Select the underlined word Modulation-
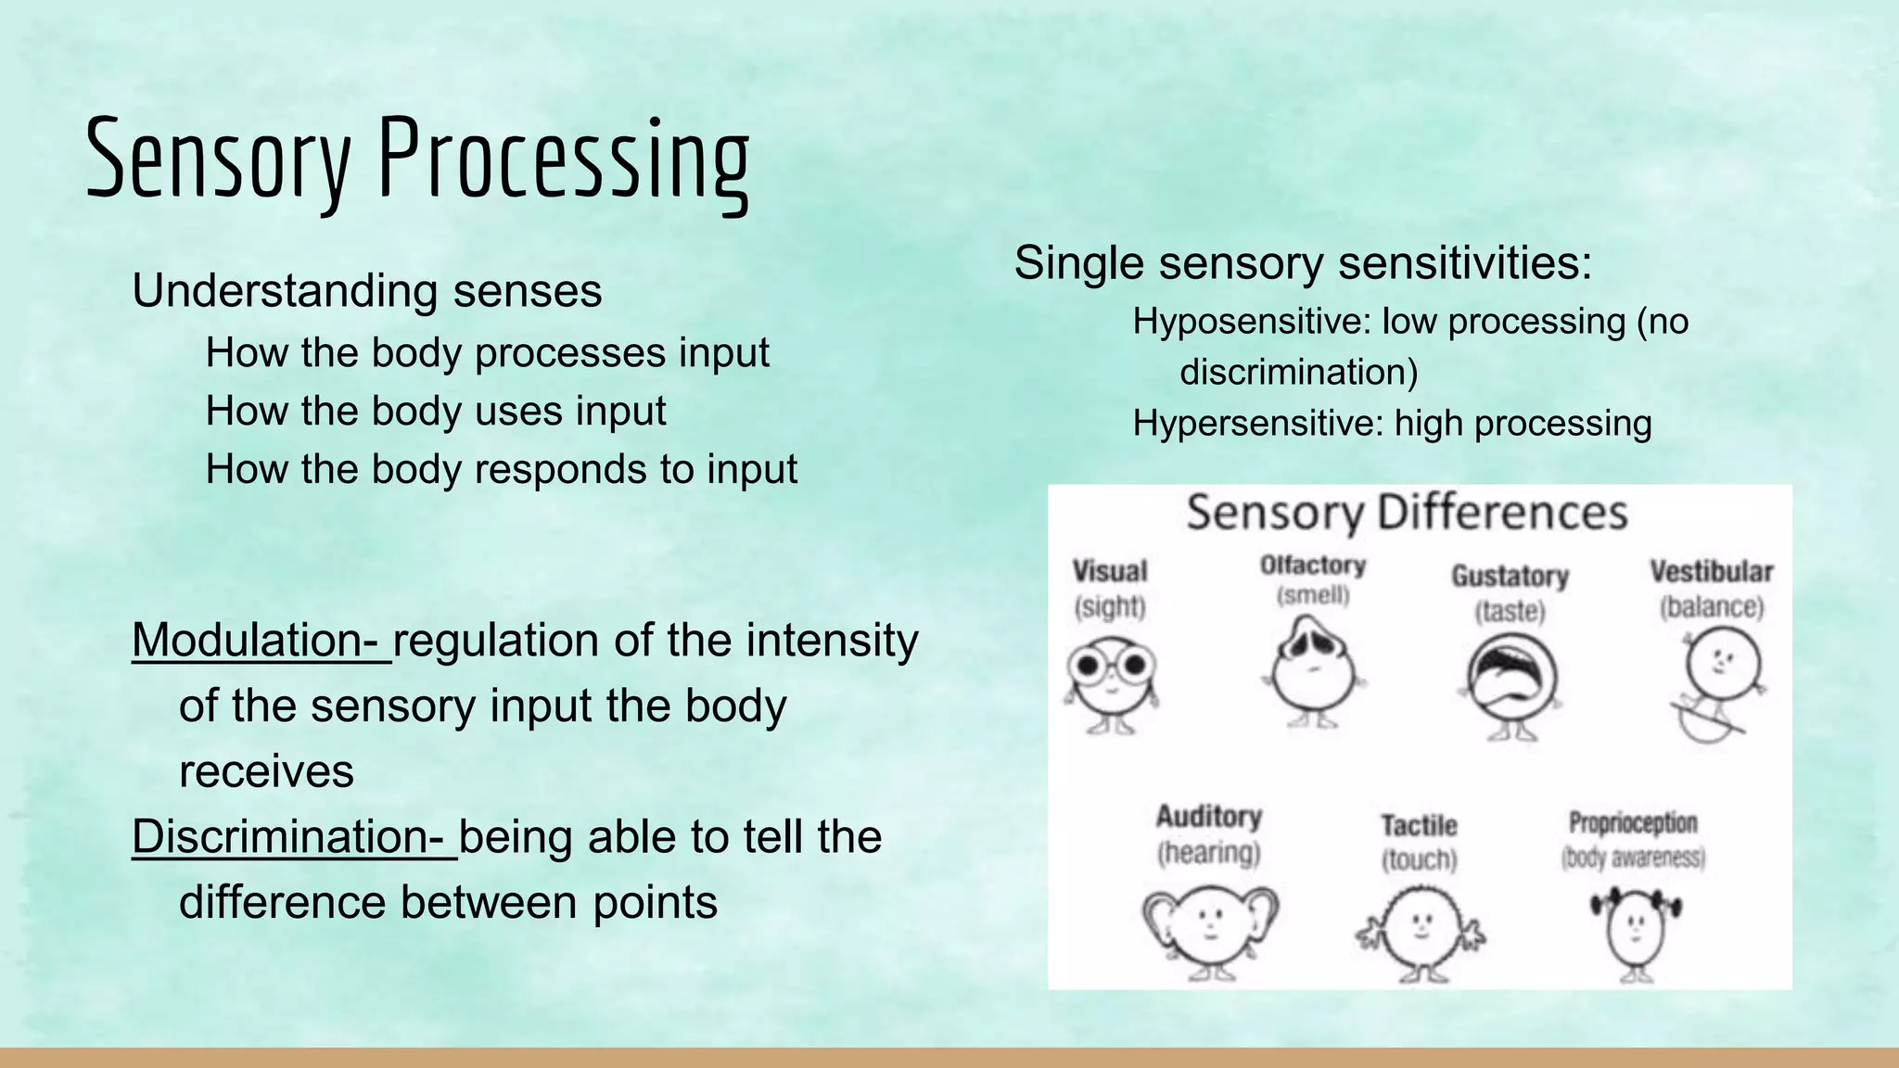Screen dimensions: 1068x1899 (x=261, y=640)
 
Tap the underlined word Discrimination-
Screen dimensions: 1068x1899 (x=293, y=836)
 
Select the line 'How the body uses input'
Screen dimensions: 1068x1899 (x=435, y=411)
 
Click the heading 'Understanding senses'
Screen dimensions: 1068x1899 (x=366, y=291)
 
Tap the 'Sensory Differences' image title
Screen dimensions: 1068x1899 (x=1407, y=513)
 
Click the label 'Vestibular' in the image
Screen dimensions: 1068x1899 (x=1711, y=572)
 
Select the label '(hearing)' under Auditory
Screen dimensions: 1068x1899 (x=1208, y=853)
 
